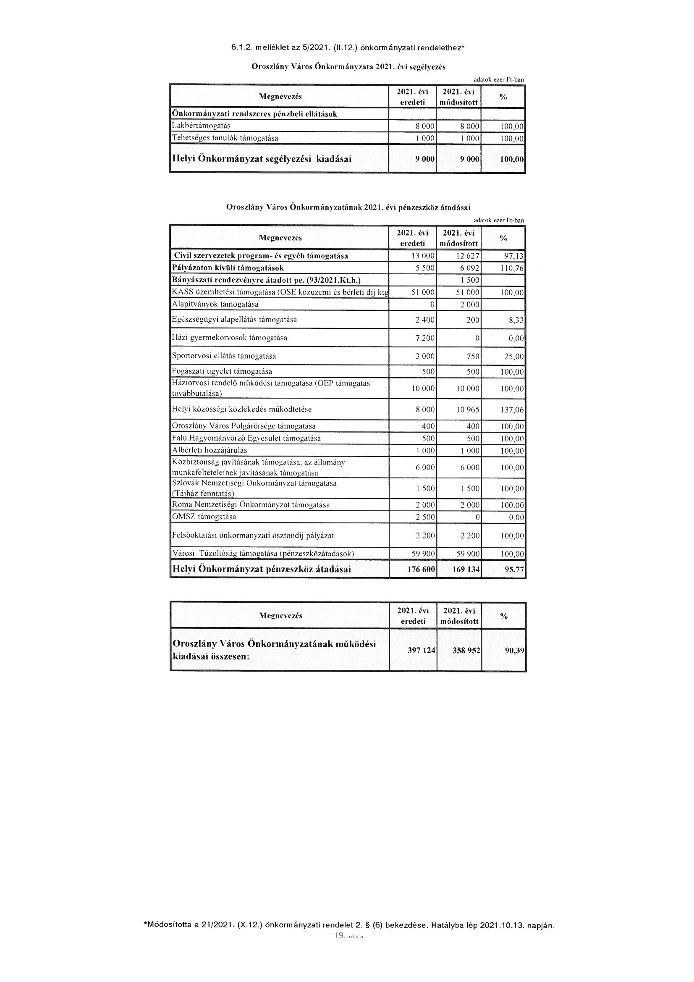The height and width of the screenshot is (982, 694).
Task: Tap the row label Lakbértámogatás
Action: point(201,126)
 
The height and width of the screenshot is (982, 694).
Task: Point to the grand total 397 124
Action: point(422,650)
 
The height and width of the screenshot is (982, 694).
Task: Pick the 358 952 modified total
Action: point(466,650)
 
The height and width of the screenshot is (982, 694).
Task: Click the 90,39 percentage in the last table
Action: point(514,650)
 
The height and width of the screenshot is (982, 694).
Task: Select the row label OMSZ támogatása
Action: point(204,517)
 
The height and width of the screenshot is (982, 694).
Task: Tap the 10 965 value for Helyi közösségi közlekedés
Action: point(468,410)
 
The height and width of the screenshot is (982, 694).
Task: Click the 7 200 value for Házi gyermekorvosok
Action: point(425,338)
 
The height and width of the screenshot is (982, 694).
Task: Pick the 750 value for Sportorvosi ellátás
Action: point(473,357)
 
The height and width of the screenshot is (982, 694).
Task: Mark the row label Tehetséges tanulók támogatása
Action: point(225,138)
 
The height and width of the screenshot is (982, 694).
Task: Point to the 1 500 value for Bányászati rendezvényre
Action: point(470,281)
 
